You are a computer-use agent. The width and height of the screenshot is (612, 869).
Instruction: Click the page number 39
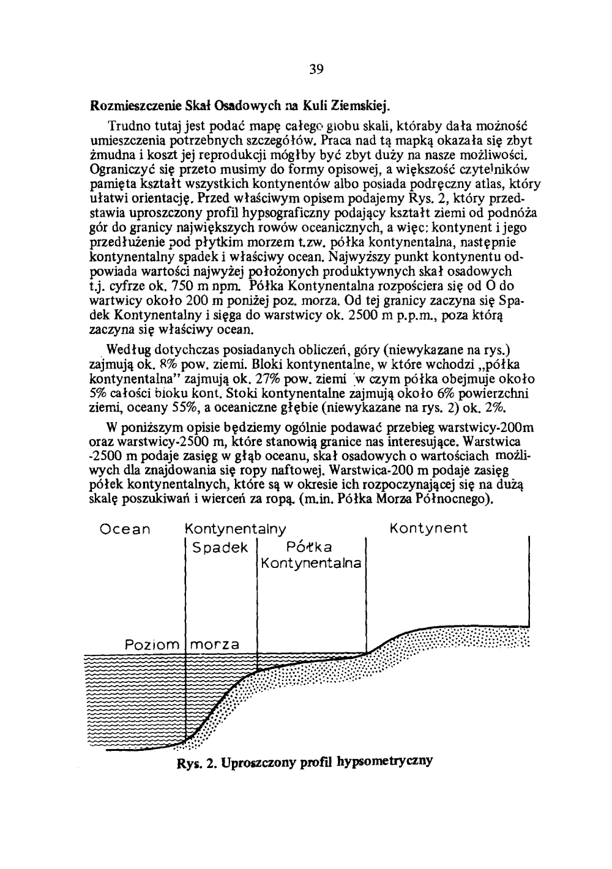click(315, 68)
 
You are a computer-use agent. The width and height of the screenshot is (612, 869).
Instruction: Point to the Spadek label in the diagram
click(220, 548)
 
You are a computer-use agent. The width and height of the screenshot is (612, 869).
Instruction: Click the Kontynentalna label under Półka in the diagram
click(311, 563)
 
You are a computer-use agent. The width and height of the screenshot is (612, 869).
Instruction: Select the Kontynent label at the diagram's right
click(428, 528)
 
